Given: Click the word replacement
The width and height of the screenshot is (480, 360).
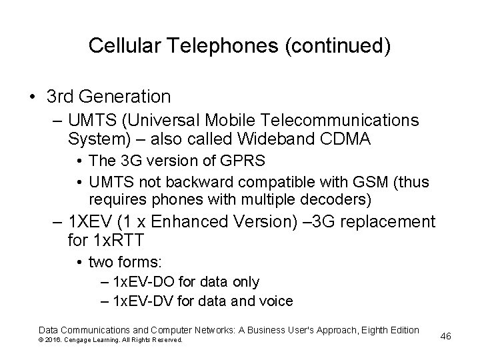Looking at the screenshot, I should pyautogui.click(x=389, y=222).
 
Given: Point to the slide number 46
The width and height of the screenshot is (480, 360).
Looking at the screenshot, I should pyautogui.click(x=446, y=336).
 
